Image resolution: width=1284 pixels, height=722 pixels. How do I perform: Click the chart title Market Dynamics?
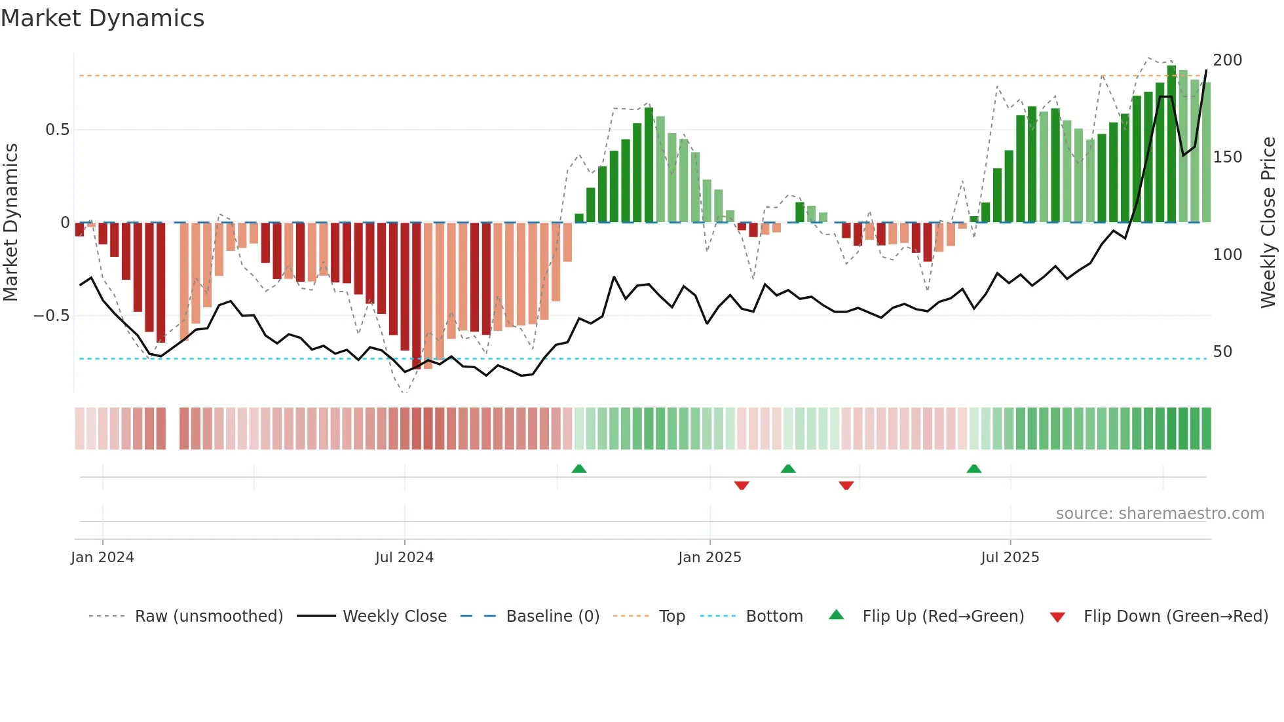[x=103, y=18]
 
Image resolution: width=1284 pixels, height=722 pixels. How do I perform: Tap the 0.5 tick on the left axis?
[x=57, y=130]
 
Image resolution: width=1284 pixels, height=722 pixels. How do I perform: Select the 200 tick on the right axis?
[x=1227, y=60]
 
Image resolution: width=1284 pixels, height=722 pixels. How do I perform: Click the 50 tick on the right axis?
[x=1222, y=352]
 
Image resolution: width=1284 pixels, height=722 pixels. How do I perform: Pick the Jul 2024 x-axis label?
[x=404, y=558]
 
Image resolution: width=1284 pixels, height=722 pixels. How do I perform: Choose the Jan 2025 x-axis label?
[x=709, y=558]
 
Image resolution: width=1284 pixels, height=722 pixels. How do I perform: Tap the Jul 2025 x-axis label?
[x=1010, y=558]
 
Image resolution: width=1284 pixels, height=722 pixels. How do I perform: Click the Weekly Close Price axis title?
[x=1268, y=223]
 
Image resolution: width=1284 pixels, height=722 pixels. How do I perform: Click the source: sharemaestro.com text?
[x=1160, y=514]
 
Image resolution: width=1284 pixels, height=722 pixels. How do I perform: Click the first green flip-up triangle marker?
[x=579, y=468]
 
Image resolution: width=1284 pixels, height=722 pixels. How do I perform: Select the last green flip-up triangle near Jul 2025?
[x=974, y=468]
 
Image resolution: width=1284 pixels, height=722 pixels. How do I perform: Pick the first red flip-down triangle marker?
[x=742, y=485]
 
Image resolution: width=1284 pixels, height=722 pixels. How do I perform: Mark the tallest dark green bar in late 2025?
[x=1171, y=144]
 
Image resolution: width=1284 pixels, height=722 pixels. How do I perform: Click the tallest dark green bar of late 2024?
[x=649, y=165]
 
